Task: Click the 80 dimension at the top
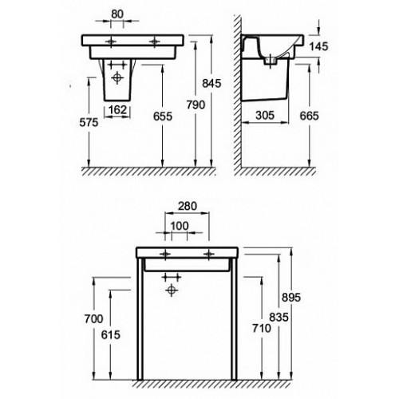117,14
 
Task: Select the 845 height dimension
211,84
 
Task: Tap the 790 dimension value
196,105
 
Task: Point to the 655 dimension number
163,117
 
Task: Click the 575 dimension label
89,122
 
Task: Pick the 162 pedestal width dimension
117,109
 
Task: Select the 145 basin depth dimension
319,46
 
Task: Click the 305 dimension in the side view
265,116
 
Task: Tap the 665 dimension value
309,116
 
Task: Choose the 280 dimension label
188,206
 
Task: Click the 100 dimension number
180,226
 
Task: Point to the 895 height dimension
291,298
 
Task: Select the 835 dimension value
279,317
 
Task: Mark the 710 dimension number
262,329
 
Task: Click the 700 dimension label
93,318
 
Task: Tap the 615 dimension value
111,335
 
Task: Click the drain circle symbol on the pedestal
117,77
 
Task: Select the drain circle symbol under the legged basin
172,290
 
